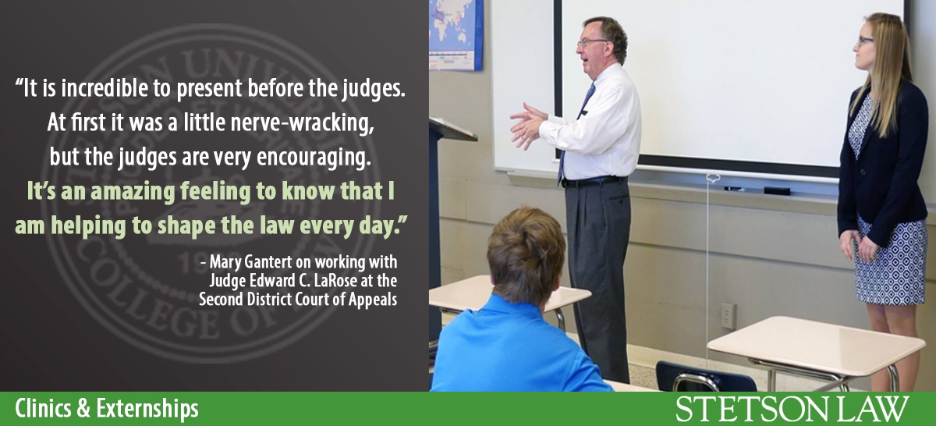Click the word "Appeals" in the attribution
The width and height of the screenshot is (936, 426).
point(370,299)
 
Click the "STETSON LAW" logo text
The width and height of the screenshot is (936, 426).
point(792,409)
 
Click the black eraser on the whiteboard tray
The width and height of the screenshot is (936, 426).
point(776,190)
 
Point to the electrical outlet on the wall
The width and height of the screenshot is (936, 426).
point(728,315)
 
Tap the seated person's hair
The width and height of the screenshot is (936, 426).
point(526,254)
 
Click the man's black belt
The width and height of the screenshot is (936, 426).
point(593,182)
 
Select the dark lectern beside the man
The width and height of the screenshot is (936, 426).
point(448,195)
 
